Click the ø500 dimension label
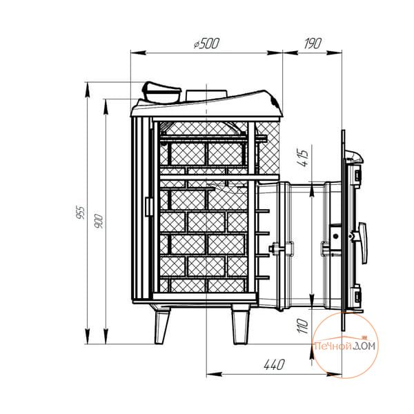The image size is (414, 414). tap(206, 43)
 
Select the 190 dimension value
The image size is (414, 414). tap(313, 43)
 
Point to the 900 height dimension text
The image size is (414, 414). tap(99, 221)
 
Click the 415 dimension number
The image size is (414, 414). tap(302, 158)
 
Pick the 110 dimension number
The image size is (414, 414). tap(303, 326)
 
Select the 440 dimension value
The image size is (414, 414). tap(275, 364)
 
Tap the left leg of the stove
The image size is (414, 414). tap(161, 327)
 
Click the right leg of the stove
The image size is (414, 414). tap(241, 327)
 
